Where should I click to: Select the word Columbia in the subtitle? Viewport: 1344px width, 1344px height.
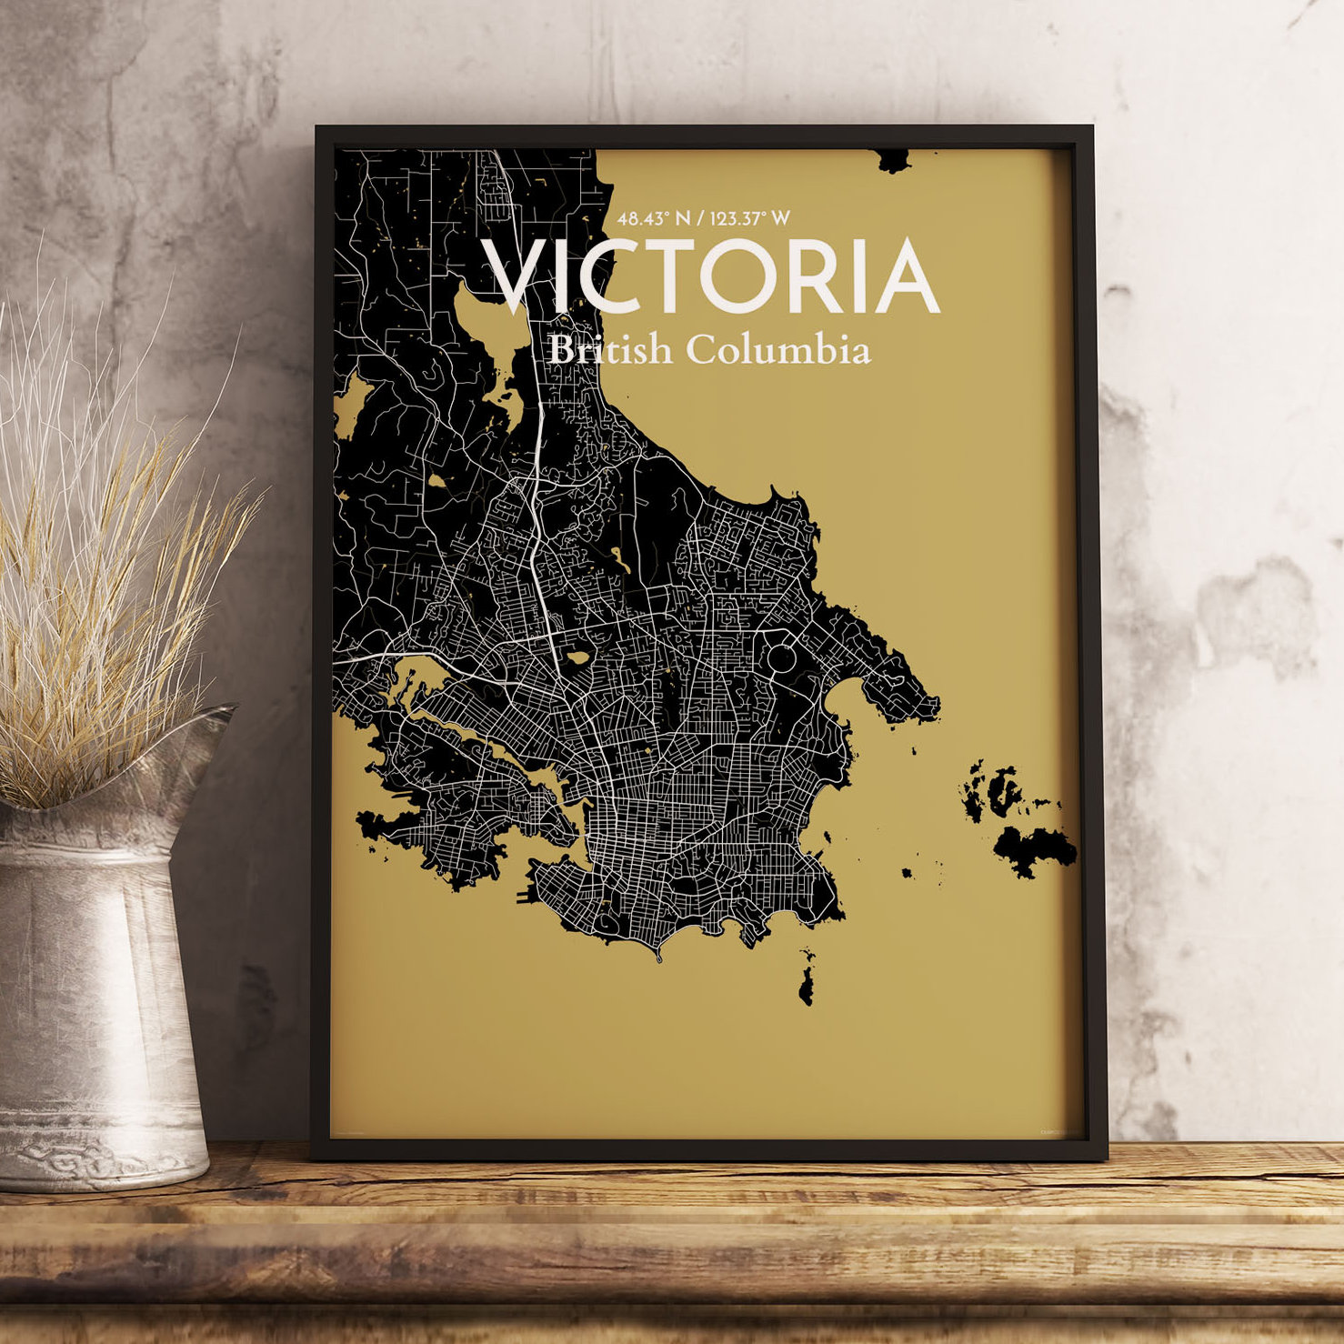[x=777, y=350]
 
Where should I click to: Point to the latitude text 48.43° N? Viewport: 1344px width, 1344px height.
[x=654, y=218]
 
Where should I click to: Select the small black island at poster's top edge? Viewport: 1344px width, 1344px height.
[x=893, y=162]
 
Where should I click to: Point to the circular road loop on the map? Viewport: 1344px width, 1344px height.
[x=782, y=657]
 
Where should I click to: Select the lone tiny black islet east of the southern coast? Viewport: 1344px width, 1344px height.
[x=907, y=873]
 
